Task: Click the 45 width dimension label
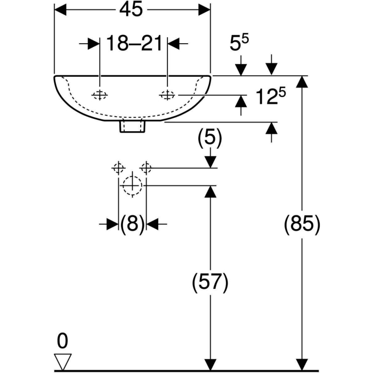pyautogui.click(x=131, y=10)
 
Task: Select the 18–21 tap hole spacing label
pyautogui.click(x=134, y=44)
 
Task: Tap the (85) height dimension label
pyautogui.click(x=302, y=224)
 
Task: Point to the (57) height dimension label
pyautogui.click(x=210, y=282)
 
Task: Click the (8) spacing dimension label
pyautogui.click(x=132, y=224)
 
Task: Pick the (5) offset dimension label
pyautogui.click(x=210, y=137)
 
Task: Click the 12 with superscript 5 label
pyautogui.click(x=271, y=96)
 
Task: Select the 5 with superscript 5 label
pyautogui.click(x=239, y=42)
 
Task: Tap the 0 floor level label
pyautogui.click(x=62, y=341)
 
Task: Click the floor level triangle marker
pyautogui.click(x=63, y=362)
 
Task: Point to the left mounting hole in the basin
pyautogui.click(x=100, y=95)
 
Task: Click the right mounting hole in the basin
pyautogui.click(x=167, y=95)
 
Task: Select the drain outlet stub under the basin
pyautogui.click(x=133, y=127)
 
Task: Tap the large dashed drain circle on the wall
pyautogui.click(x=133, y=185)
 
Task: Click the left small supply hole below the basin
pyautogui.click(x=118, y=168)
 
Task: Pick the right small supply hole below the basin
pyautogui.click(x=146, y=168)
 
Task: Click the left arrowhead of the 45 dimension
pyautogui.click(x=60, y=10)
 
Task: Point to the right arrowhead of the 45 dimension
pyautogui.click(x=205, y=10)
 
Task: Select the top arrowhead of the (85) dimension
pyautogui.click(x=302, y=82)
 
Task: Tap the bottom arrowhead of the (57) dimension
pyautogui.click(x=210, y=365)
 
